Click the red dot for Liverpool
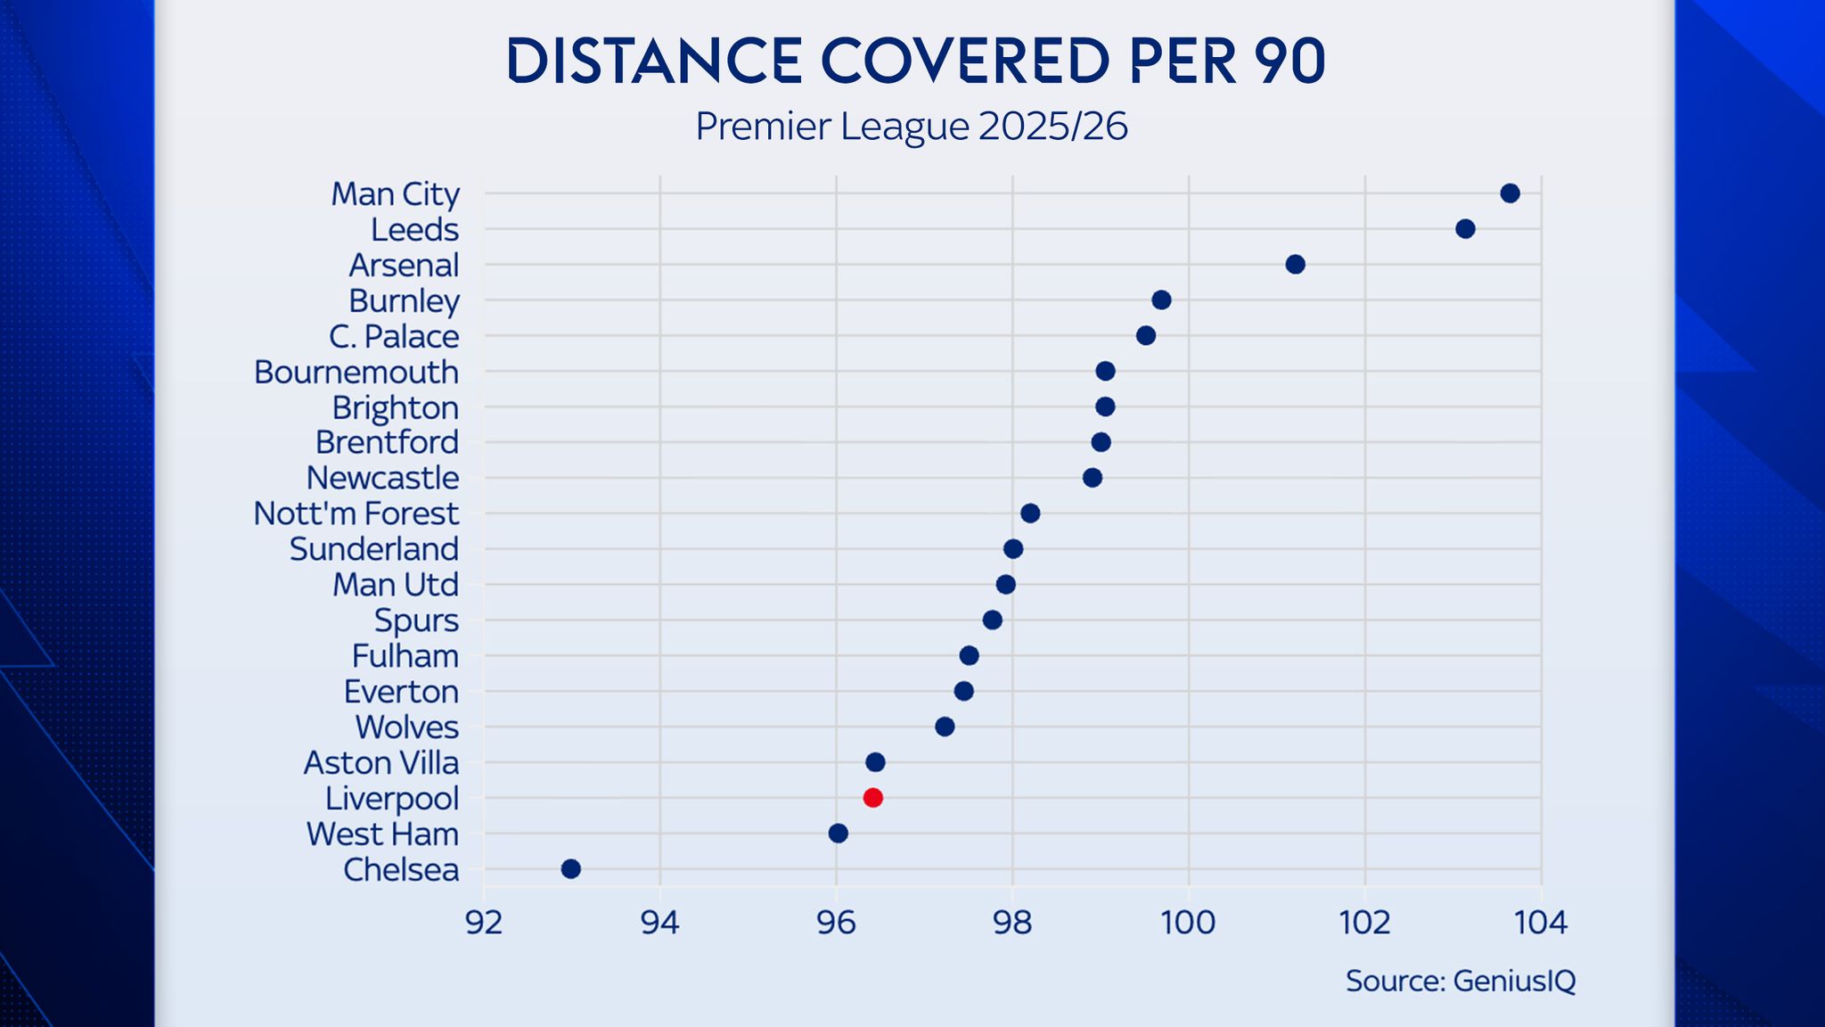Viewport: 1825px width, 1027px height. [873, 798]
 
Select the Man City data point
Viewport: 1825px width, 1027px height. [1510, 193]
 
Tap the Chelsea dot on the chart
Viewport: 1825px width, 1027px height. [571, 869]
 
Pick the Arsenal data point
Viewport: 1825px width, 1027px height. [1296, 265]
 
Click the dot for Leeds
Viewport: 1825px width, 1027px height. [1465, 229]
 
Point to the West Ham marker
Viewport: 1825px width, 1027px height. [839, 834]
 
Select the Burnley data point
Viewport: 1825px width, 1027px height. [1161, 300]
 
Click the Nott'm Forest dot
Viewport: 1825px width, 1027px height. [1030, 513]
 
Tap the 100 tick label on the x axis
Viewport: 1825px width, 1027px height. [1188, 923]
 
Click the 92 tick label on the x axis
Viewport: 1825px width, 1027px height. [484, 923]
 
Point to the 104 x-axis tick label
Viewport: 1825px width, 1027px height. [1541, 923]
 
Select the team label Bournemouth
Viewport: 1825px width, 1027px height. [356, 372]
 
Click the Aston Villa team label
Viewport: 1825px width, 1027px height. [381, 763]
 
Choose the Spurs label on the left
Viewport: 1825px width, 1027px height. [416, 620]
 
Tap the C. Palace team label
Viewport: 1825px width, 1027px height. [394, 337]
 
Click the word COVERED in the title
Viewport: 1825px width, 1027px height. [965, 62]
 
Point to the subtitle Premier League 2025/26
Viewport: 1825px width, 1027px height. [912, 127]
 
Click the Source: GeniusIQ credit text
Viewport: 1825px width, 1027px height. [1461, 981]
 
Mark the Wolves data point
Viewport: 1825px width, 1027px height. [945, 727]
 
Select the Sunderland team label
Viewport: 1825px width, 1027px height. [374, 549]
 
